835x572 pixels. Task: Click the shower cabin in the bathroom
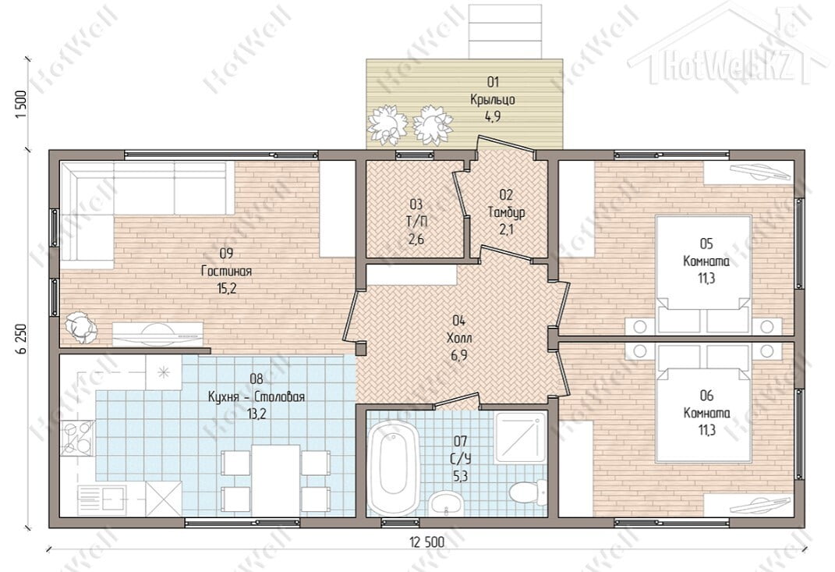click(x=520, y=438)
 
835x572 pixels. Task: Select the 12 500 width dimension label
click(x=426, y=542)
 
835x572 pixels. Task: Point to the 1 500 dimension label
click(x=21, y=105)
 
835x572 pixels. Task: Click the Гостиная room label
click(x=226, y=272)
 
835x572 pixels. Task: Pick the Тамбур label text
click(x=507, y=212)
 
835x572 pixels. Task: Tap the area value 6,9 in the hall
click(x=459, y=355)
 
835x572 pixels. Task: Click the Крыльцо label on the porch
click(x=493, y=99)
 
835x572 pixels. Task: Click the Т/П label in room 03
click(x=416, y=222)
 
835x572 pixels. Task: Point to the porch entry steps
click(x=505, y=31)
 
